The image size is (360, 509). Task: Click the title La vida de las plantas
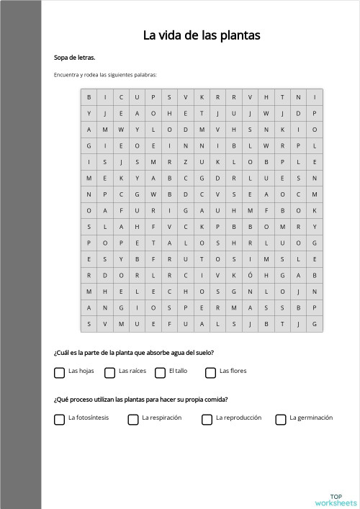tap(201, 35)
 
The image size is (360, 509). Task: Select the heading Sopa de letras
tap(75, 58)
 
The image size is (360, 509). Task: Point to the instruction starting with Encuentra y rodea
tap(105, 75)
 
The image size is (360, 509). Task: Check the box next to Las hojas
tap(59, 372)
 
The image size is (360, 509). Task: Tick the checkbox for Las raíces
tap(109, 372)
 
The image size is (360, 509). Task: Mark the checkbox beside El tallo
tap(160, 372)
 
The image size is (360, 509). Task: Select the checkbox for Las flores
tap(210, 372)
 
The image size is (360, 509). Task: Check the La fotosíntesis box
tap(59, 419)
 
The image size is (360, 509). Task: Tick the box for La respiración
tap(133, 419)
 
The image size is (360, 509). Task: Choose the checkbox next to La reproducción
tap(207, 419)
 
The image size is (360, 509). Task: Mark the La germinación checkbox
tap(281, 419)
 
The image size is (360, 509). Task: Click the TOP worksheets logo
tap(336, 500)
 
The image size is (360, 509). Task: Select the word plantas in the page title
tap(241, 35)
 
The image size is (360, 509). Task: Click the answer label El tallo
tap(178, 371)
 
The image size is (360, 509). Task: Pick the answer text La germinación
tap(311, 418)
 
